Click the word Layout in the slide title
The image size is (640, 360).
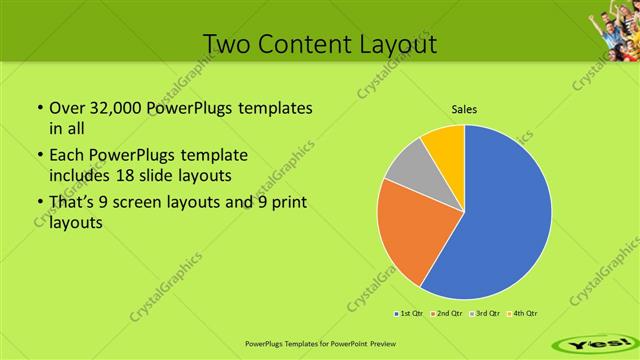(x=398, y=44)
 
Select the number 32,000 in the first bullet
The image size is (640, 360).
(x=109, y=107)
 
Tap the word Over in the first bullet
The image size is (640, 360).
(x=66, y=107)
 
